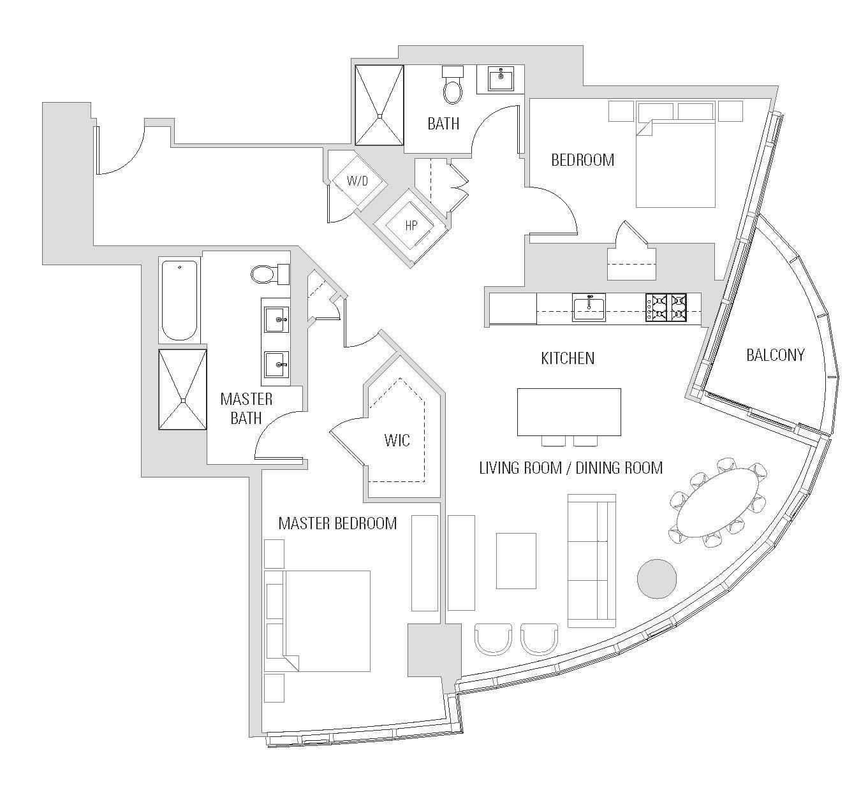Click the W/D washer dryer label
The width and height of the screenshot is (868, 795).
357,181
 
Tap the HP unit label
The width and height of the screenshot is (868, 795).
411,225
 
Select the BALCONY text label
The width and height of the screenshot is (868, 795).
775,354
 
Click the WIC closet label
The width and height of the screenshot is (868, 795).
397,440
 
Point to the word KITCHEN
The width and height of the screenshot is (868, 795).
568,358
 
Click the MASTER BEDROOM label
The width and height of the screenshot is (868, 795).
337,523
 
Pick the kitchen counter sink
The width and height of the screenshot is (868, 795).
588,308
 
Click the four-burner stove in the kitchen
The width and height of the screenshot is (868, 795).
666,307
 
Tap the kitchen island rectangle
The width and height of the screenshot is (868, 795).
569,412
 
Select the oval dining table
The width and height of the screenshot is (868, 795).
718,502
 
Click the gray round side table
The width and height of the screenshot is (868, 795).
657,579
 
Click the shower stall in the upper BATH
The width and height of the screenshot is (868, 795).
379,105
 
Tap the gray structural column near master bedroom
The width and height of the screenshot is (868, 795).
434,650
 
